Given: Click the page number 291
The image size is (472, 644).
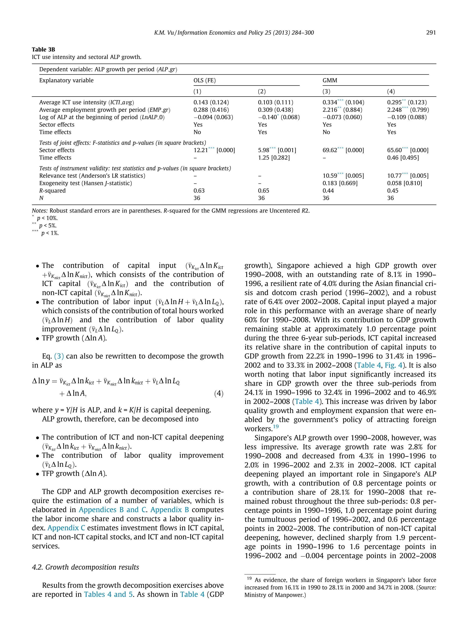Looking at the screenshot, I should pyautogui.click(x=431, y=32).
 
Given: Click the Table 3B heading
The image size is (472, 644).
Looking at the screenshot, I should pyautogui.click(x=43, y=49).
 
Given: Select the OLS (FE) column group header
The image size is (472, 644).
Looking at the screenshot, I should pyautogui.click(x=205, y=80).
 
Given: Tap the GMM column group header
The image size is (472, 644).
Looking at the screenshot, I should pyautogui.click(x=330, y=80).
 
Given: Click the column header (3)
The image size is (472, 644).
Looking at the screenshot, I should pyautogui.click(x=326, y=92).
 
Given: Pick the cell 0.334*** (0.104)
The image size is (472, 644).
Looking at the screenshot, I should pyautogui.click(x=343, y=102).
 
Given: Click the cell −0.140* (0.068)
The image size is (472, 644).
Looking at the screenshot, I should pyautogui.click(x=279, y=117).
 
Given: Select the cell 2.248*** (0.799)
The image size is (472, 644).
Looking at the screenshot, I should pyautogui.click(x=408, y=110).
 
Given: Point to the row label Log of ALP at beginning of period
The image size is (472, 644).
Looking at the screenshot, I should pyautogui.click(x=102, y=117).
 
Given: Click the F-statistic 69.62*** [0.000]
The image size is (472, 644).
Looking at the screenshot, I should pyautogui.click(x=343, y=150).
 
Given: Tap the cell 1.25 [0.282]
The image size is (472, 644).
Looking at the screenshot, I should pyautogui.click(x=274, y=158).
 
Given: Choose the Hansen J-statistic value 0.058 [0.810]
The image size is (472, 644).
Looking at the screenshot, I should pyautogui.click(x=404, y=183).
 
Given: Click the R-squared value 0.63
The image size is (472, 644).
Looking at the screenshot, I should pyautogui.click(x=199, y=191).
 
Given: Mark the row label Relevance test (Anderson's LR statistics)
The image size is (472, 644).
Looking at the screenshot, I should pyautogui.click(x=92, y=176).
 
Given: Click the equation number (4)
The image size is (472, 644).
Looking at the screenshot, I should pyautogui.click(x=218, y=393).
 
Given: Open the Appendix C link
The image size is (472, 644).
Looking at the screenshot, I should pyautogui.click(x=66, y=528).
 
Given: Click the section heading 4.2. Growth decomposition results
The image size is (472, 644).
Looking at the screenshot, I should pyautogui.click(x=86, y=567).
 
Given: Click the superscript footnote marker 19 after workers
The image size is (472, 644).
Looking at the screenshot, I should pyautogui.click(x=276, y=427).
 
